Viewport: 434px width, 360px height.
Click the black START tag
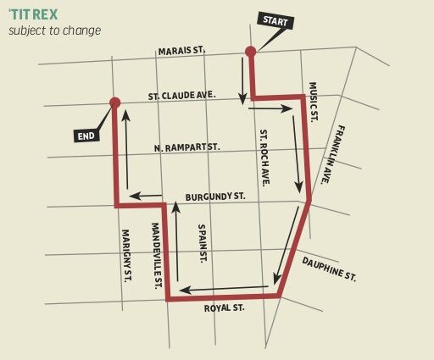click(x=275, y=20)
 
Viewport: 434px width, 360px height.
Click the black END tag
click(x=86, y=135)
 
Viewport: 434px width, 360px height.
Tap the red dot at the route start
click(x=250, y=52)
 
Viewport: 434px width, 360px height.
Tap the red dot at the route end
click(x=114, y=102)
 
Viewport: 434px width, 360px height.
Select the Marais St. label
click(x=181, y=51)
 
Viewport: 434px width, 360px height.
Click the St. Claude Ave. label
click(x=181, y=96)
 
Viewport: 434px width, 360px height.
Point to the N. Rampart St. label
click(x=186, y=147)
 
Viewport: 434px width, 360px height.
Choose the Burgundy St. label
click(x=215, y=197)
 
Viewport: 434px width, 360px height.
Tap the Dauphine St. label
click(x=329, y=269)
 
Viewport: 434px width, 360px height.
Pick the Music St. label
click(x=312, y=102)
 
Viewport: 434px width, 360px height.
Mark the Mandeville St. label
click(x=156, y=255)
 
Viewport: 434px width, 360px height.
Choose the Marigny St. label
click(x=125, y=255)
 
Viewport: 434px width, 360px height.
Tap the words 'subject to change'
click(x=54, y=30)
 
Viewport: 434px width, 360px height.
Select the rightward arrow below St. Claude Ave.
click(x=270, y=108)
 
